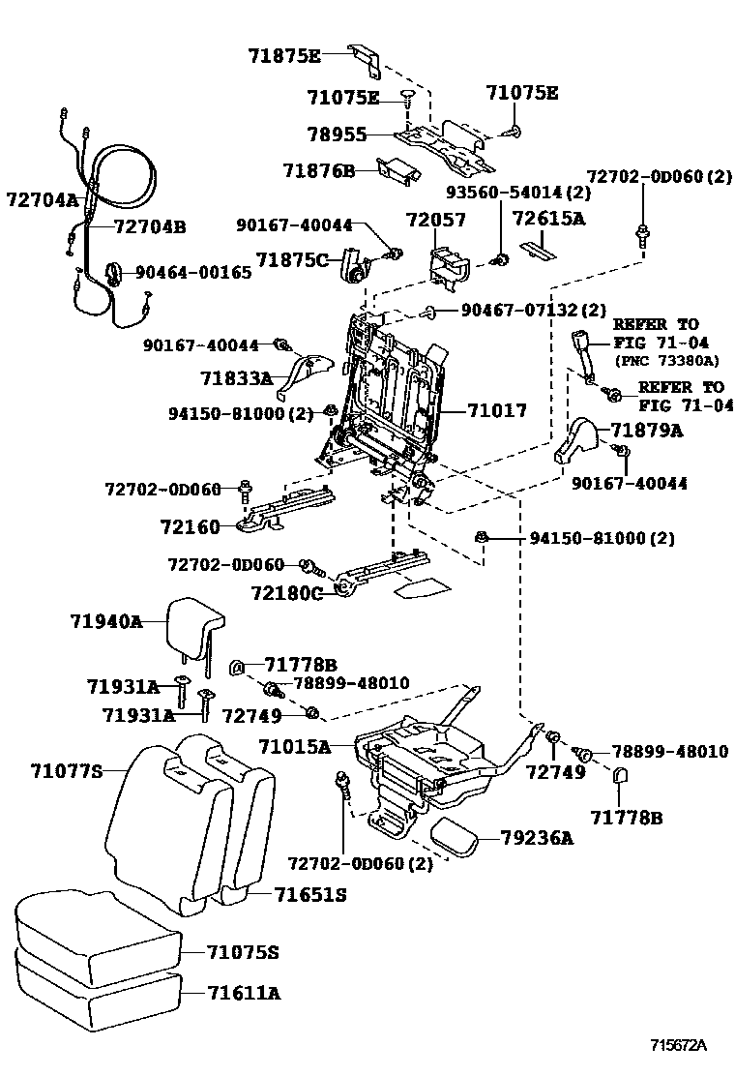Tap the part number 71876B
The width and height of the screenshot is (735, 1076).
click(318, 171)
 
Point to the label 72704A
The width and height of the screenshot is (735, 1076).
click(42, 200)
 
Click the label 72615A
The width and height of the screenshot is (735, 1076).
click(548, 219)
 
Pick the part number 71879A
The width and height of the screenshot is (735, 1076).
click(645, 431)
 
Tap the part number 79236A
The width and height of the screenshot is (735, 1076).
click(537, 838)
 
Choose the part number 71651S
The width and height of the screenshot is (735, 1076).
click(309, 895)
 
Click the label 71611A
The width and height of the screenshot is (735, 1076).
click(243, 993)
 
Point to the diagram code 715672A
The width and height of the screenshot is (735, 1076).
click(678, 1045)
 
